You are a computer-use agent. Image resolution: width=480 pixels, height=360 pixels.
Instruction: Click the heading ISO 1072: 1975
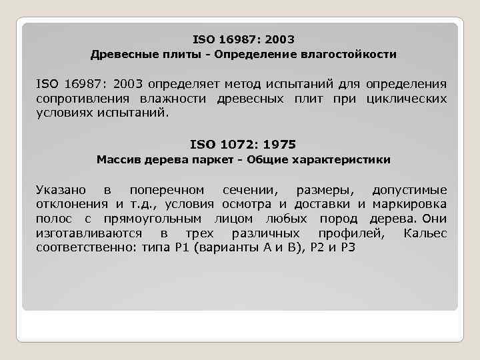(x=243, y=144)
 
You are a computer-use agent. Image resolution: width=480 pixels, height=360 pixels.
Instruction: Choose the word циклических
(x=407, y=99)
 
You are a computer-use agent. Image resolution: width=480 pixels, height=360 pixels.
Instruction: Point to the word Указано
(x=60, y=191)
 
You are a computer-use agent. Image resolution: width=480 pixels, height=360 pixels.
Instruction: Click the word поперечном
(x=167, y=191)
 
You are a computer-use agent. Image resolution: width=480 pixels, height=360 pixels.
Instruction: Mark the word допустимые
(x=409, y=191)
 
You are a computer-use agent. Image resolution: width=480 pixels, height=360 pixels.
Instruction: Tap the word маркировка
(x=411, y=205)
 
